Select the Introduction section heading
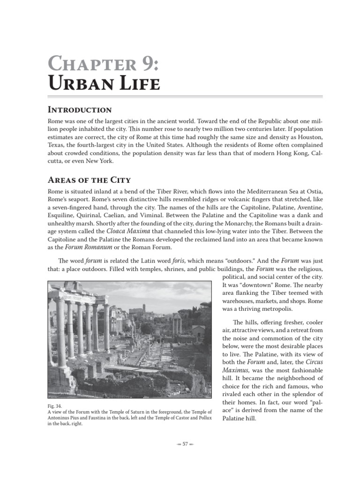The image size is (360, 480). pyautogui.click(x=80, y=110)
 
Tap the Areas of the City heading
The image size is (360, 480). pyautogui.click(x=89, y=180)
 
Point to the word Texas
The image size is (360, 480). pyautogui.click(x=58, y=145)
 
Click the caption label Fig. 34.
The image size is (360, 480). pyautogui.click(x=55, y=405)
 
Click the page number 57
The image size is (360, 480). pyautogui.click(x=185, y=444)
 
